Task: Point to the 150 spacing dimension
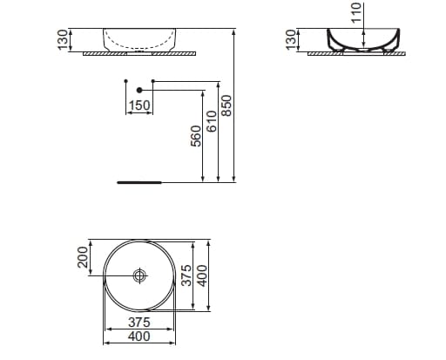pyautogui.click(x=139, y=105)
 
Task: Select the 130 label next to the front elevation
pyautogui.click(x=63, y=40)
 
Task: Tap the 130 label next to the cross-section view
pyautogui.click(x=291, y=40)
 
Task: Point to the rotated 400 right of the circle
pyautogui.click(x=201, y=275)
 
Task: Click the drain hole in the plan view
pyautogui.click(x=139, y=275)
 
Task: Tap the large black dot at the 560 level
pyautogui.click(x=139, y=90)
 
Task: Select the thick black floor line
pyautogui.click(x=139, y=183)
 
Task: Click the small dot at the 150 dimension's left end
pyautogui.click(x=126, y=82)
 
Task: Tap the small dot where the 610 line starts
pyautogui.click(x=152, y=82)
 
